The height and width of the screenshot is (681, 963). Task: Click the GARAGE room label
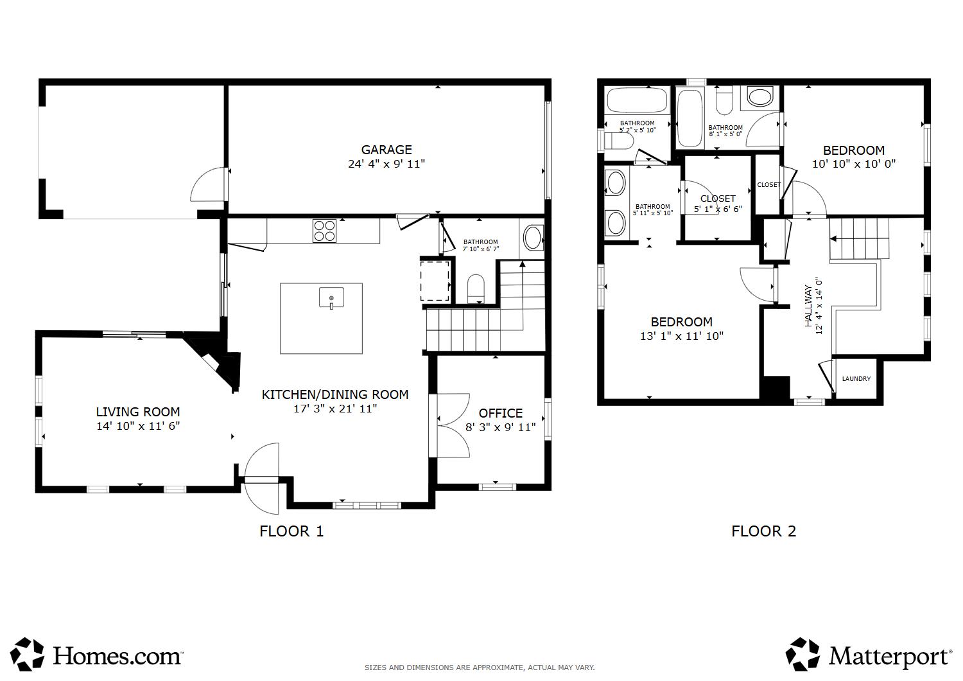(386, 150)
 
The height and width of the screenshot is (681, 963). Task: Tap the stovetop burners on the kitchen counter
(325, 231)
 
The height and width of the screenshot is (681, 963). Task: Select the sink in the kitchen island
(331, 297)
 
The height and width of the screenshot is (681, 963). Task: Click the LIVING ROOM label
(137, 412)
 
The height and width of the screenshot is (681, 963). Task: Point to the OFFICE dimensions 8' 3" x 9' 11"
(500, 427)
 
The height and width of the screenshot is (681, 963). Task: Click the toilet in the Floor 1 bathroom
(476, 288)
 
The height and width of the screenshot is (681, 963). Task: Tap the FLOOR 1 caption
(291, 531)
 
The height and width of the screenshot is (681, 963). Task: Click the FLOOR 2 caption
(763, 531)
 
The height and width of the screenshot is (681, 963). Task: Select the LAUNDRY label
(856, 378)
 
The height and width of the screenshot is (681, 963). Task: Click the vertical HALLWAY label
(809, 306)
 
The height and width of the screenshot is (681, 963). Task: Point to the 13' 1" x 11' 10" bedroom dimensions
(681, 336)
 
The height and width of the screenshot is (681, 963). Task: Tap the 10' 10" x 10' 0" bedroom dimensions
(853, 164)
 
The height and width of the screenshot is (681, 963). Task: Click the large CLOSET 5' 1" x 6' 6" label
(718, 204)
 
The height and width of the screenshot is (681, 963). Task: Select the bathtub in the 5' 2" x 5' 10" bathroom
(637, 100)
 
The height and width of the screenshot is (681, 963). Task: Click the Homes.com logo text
(117, 657)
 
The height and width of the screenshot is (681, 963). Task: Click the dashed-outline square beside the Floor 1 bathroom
(435, 281)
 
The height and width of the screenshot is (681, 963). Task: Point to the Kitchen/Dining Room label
(335, 394)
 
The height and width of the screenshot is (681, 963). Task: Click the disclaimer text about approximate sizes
(480, 668)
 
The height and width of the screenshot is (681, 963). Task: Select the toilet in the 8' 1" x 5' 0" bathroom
(724, 100)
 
